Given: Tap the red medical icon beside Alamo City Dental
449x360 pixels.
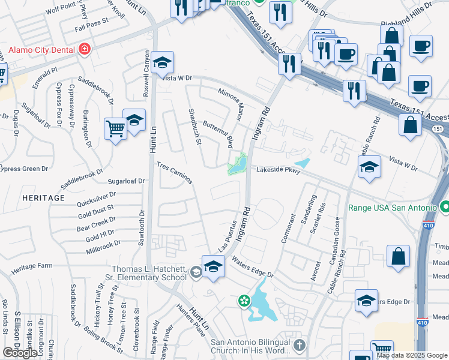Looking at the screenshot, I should [85, 47].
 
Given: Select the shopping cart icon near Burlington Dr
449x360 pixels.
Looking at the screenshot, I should [115, 128].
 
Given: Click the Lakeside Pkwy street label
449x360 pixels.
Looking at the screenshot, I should [278, 170].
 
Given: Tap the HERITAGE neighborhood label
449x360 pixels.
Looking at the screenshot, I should [43, 197].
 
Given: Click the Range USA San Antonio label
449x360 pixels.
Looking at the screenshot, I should [393, 208].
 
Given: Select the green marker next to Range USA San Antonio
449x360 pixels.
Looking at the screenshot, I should [445, 208].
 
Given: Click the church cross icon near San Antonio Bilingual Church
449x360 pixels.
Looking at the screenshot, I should [300, 345].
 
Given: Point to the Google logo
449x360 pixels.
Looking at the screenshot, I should [20, 353].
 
